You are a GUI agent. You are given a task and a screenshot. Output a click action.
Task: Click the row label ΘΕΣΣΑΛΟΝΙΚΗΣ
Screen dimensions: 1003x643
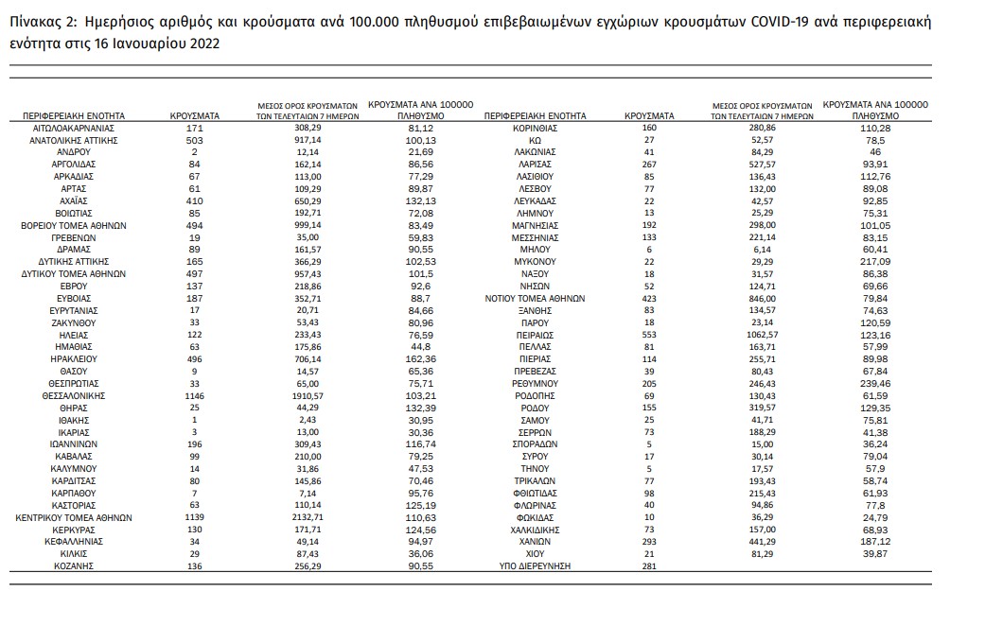(74, 395)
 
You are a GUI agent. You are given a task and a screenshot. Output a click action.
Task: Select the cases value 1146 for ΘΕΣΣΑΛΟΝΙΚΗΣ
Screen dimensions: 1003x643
(195, 395)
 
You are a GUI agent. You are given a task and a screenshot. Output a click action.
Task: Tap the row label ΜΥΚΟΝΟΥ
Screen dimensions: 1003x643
(535, 261)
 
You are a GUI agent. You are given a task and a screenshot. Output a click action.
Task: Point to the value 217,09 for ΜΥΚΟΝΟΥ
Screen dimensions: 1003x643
(875, 261)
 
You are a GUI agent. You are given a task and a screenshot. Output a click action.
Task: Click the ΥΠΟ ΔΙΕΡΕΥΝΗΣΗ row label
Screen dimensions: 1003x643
(535, 565)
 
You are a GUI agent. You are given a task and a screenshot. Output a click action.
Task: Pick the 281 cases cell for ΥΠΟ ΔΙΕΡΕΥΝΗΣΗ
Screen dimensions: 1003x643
(649, 565)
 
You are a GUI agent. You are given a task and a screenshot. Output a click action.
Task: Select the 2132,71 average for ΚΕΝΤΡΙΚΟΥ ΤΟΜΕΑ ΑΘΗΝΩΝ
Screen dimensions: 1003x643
(308, 518)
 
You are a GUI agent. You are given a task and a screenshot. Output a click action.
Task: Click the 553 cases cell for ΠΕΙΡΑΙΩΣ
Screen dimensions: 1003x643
(649, 335)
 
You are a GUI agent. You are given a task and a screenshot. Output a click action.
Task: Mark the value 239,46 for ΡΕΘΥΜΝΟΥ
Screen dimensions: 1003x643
(875, 384)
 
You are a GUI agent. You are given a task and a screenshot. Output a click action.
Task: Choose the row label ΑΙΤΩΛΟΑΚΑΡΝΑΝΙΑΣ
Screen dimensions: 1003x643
(74, 128)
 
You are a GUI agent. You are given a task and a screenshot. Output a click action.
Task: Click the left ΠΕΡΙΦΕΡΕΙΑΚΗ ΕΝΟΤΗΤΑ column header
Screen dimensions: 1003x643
(74, 115)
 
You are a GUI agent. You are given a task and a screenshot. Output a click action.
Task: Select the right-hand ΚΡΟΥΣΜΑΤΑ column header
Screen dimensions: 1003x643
(649, 115)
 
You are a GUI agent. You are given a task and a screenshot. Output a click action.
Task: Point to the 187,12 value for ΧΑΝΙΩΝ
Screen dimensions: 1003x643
(875, 542)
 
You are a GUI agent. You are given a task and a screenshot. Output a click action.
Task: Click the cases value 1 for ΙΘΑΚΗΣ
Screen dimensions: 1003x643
(195, 420)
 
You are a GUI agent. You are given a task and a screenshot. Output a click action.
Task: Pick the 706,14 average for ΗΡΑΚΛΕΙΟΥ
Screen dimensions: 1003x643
(308, 359)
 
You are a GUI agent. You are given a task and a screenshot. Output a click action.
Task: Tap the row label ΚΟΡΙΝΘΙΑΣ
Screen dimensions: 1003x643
(535, 128)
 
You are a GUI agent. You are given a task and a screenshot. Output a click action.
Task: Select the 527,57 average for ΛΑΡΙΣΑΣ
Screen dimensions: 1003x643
(762, 165)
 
